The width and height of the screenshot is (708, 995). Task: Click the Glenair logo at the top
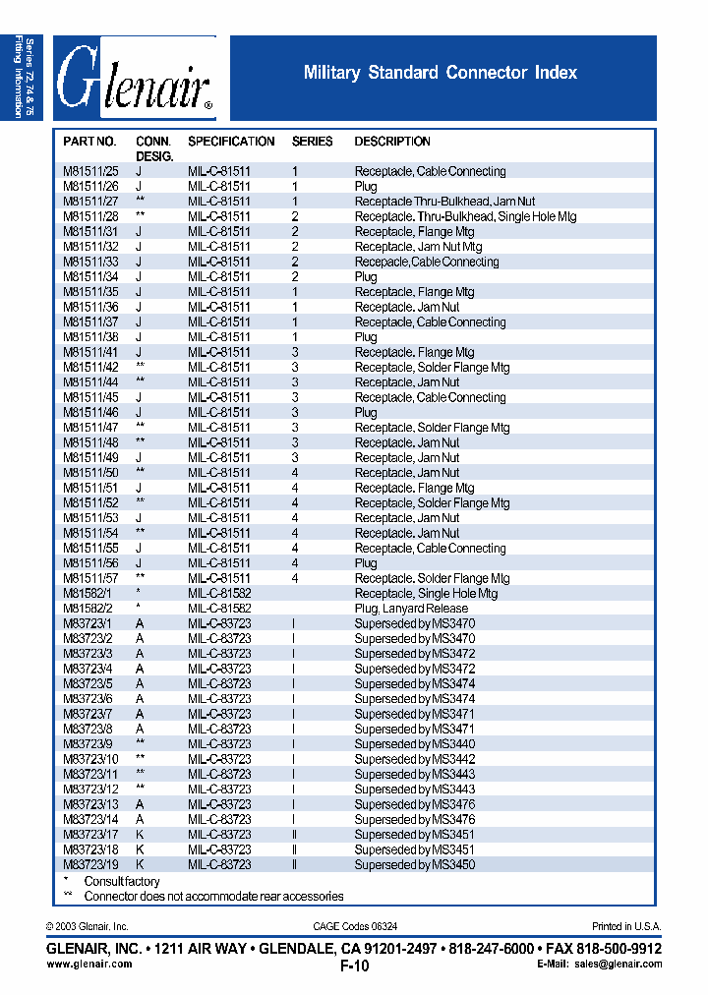click(x=135, y=79)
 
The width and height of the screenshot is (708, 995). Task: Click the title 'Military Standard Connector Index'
click(x=440, y=73)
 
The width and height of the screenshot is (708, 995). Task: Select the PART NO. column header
click(x=89, y=142)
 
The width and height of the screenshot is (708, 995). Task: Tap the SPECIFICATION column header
click(x=231, y=142)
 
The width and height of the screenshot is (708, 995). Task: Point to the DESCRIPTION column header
click(x=392, y=142)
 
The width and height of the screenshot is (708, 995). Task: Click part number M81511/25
click(x=90, y=171)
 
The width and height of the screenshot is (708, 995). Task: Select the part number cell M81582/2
click(x=88, y=609)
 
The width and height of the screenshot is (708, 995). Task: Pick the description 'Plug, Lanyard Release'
click(x=411, y=609)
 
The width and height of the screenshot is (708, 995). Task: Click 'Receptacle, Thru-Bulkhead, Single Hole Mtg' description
click(x=465, y=216)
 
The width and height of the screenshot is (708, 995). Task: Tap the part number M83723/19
click(x=90, y=864)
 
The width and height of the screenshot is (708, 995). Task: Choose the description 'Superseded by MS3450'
click(x=414, y=864)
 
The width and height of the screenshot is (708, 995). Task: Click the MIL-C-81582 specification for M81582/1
click(x=219, y=594)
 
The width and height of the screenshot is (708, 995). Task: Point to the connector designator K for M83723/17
click(x=140, y=835)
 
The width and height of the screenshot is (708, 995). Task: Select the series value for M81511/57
click(x=294, y=579)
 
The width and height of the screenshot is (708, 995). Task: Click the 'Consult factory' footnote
click(x=120, y=882)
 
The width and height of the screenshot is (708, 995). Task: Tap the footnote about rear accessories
click(x=213, y=897)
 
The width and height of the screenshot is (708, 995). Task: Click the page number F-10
click(x=354, y=966)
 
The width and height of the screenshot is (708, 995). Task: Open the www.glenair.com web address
click(x=89, y=965)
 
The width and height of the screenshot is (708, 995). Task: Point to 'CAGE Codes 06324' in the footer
click(x=355, y=926)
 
